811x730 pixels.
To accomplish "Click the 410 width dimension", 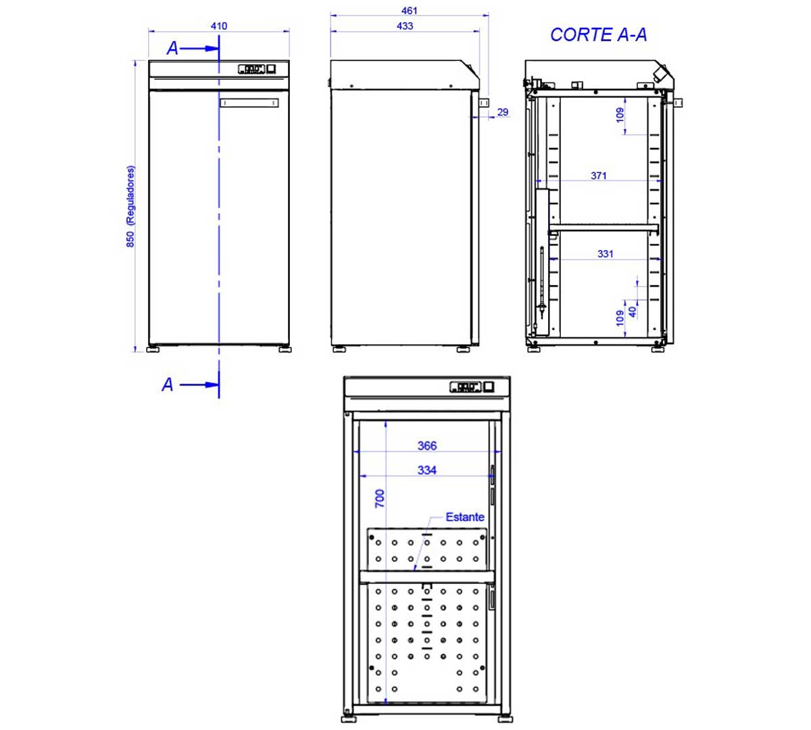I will coord(218,26).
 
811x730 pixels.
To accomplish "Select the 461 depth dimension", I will coord(410,11).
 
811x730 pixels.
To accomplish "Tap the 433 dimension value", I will coord(405,26).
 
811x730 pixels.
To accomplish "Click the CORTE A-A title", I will coord(598,35).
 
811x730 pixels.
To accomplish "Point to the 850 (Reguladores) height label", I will coord(130,206).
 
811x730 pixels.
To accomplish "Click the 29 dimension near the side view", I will coord(503,112).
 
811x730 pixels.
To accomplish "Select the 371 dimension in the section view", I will coord(599,176).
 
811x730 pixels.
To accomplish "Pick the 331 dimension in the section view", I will coord(606,254).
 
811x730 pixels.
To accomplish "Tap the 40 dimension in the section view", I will coord(633,312).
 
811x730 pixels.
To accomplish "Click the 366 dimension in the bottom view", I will coord(427,446).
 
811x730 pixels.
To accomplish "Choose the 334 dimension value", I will coord(427,470).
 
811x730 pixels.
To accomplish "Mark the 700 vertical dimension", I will coord(380,499).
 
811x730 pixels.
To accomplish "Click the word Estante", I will coord(465,517).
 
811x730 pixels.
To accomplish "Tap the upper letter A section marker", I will coord(173,49).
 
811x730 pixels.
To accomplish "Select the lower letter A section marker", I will coord(168,385).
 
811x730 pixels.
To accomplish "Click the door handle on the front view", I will coord(249,103).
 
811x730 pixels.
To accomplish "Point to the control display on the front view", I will coord(251,68).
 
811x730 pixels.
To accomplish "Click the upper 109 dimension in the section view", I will coord(620,115).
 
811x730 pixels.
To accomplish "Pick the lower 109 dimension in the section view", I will coord(620,318).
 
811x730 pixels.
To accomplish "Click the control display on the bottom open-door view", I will coord(465,387).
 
